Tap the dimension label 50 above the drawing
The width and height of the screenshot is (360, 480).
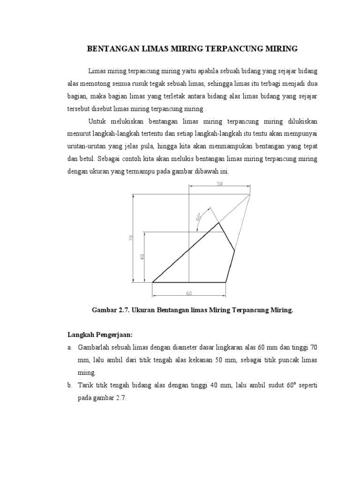point(219,184)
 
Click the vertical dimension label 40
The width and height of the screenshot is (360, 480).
point(142,257)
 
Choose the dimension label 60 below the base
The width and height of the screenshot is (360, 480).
point(189,294)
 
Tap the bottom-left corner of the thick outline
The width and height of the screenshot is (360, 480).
point(153,282)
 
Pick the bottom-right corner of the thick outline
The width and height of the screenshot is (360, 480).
point(226,282)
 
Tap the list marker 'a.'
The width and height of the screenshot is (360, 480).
point(69,347)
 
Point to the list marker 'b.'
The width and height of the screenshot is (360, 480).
point(69,385)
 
